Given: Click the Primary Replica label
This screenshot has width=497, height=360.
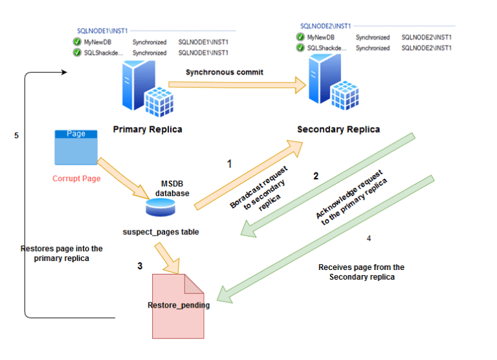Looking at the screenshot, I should pyautogui.click(x=148, y=129).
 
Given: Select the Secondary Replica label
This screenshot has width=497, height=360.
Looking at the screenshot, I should pyautogui.click(x=338, y=129).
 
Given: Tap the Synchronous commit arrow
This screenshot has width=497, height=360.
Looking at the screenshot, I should pyautogui.click(x=236, y=84).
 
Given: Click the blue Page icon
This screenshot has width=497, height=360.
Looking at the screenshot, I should pyautogui.click(x=76, y=146).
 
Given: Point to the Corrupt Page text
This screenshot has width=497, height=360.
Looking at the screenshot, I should pyautogui.click(x=76, y=178).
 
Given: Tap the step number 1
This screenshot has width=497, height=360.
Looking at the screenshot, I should pyautogui.click(x=229, y=164).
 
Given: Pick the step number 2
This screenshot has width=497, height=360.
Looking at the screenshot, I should pyautogui.click(x=316, y=175).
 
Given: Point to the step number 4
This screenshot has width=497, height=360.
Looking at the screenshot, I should pyautogui.click(x=369, y=238).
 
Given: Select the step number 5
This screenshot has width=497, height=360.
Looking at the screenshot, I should pyautogui.click(x=16, y=135).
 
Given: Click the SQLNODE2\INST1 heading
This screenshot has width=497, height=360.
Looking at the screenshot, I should pyautogui.click(x=326, y=26).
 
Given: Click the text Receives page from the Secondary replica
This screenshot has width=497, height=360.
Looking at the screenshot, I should pyautogui.click(x=361, y=272).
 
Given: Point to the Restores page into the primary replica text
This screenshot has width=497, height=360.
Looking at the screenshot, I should pyautogui.click(x=61, y=253).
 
